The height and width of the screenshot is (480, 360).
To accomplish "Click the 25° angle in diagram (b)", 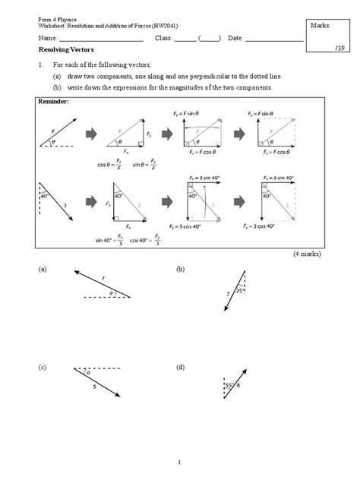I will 238,290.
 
